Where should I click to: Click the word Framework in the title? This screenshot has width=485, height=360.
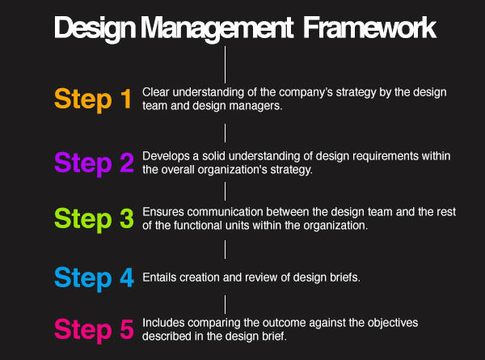pos(369,28)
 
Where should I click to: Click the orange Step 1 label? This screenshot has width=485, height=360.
pos(93,100)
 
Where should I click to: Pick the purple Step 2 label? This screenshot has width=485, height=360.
pos(94,163)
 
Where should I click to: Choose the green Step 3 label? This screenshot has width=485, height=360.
pos(94,219)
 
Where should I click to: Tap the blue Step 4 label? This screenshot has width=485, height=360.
pos(94,278)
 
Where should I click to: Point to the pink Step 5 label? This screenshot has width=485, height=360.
pos(94,330)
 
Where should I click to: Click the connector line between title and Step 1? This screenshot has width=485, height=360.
pos(225,65)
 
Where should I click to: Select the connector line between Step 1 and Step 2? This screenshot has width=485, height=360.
pos(225,133)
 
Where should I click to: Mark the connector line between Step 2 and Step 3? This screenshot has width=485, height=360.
pos(225,191)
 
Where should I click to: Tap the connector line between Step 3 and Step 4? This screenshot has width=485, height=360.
pos(225,249)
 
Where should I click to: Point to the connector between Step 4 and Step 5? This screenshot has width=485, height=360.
pos(225,305)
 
